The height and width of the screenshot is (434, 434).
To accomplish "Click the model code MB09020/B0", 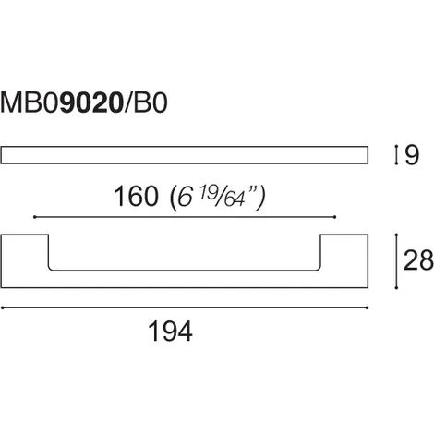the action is [x=84, y=102].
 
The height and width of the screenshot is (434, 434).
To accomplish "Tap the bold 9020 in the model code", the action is [x=91, y=102].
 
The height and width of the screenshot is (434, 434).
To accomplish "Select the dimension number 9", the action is [x=412, y=155].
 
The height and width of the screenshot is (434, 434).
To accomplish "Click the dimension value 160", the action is [x=136, y=196].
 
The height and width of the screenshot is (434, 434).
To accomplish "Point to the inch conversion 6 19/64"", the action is [x=218, y=198].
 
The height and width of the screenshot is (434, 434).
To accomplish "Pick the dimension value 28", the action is [x=418, y=260].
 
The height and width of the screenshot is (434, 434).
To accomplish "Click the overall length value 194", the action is [x=170, y=332].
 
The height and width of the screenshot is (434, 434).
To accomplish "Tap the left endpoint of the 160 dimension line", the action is [x=34, y=217].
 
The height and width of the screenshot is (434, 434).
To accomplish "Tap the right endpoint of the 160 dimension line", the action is [x=334, y=217].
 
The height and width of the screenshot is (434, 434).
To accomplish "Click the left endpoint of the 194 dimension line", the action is [x=2, y=307].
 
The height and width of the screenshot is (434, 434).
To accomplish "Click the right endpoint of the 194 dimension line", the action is [x=368, y=307].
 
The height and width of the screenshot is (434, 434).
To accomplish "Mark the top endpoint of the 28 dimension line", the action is [x=396, y=235].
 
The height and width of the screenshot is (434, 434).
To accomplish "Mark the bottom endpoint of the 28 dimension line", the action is [x=396, y=288].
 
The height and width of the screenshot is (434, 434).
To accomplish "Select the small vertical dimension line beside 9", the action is [x=396, y=155].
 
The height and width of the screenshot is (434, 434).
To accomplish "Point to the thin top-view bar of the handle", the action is [x=185, y=155].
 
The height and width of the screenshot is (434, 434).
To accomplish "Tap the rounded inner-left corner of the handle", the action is [x=50, y=270].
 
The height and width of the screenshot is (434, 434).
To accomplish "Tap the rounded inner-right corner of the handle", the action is [x=319, y=270].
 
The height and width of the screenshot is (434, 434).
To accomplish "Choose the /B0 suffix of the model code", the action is [x=146, y=102].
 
